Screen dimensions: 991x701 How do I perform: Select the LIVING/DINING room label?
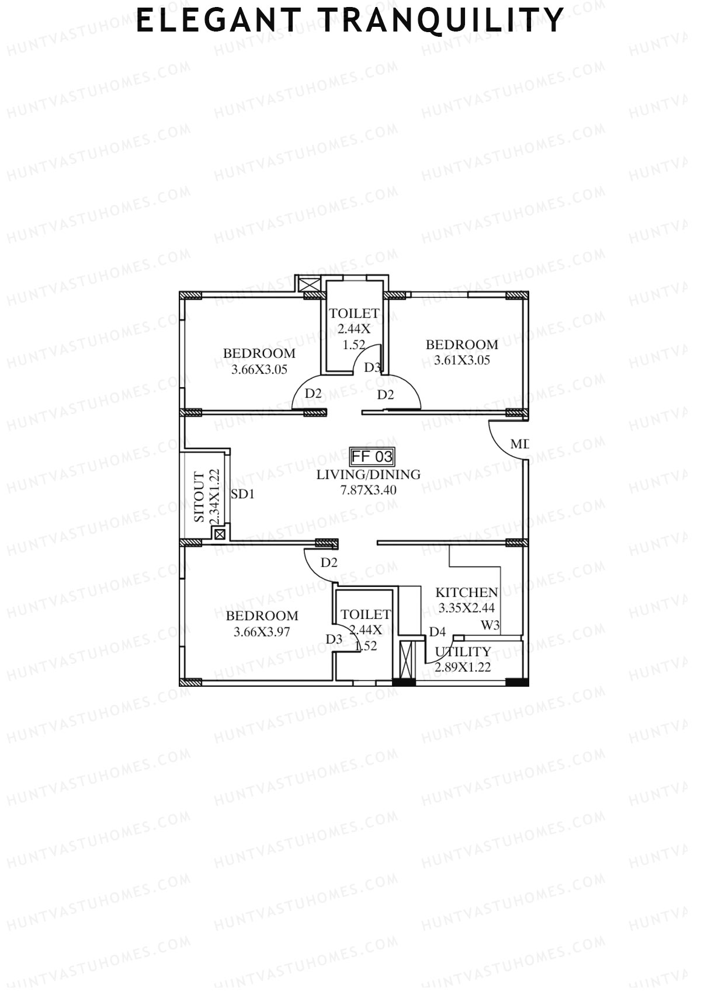[368, 475]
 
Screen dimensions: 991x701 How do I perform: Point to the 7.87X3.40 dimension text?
[368, 490]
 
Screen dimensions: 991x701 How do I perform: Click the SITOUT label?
[200, 498]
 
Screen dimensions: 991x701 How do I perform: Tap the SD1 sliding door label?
[242, 495]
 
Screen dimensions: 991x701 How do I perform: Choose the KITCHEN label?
[466, 593]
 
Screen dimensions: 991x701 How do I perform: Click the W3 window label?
[490, 625]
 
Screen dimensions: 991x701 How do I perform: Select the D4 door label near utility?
[438, 632]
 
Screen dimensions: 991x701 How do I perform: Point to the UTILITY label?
[463, 652]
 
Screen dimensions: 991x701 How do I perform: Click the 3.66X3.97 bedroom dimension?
[262, 631]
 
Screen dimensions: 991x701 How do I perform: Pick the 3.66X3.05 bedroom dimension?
[259, 369]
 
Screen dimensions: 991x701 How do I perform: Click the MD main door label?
[519, 444]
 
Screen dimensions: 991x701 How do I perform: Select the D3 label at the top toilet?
[373, 367]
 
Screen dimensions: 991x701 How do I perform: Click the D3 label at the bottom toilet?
[334, 639]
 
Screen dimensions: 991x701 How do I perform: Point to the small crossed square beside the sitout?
[220, 534]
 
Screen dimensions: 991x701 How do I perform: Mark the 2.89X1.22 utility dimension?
[463, 667]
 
